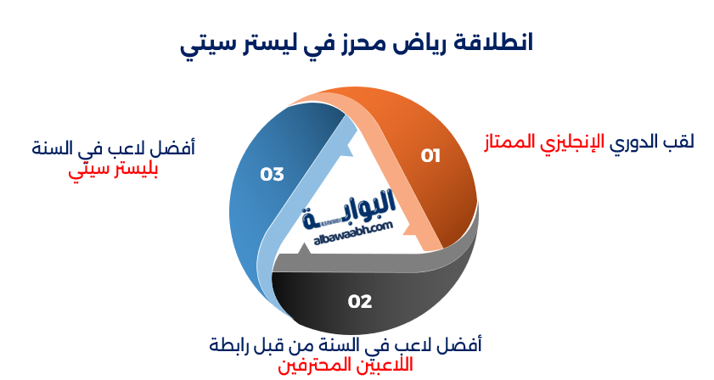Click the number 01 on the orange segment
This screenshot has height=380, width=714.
[431, 155]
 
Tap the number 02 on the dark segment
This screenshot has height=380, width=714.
[360, 301]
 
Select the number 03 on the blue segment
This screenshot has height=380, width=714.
[272, 175]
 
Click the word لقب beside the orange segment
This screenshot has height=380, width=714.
[679, 142]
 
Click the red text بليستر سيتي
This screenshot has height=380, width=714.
[113, 169]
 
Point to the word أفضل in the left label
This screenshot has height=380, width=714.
[177, 148]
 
